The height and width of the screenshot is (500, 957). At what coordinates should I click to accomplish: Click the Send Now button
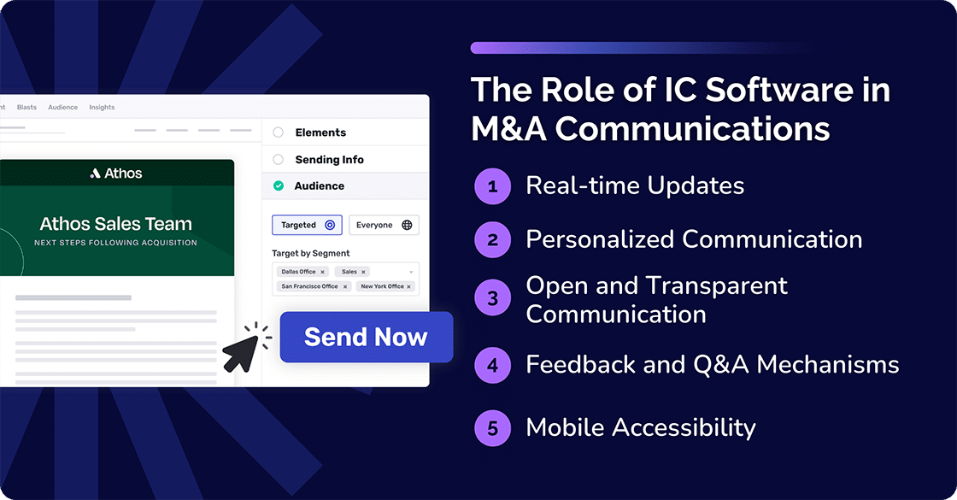(366, 337)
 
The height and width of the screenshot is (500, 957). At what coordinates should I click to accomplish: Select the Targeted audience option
(307, 225)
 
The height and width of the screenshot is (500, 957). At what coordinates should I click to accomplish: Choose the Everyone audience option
(384, 225)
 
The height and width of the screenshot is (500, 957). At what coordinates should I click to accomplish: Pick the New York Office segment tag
(385, 286)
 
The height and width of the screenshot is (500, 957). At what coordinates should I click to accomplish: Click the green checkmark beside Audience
(279, 185)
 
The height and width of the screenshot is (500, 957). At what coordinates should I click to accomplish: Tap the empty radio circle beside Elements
(279, 132)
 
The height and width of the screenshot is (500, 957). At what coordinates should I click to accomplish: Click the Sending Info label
(329, 160)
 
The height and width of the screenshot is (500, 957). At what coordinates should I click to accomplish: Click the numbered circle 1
(492, 185)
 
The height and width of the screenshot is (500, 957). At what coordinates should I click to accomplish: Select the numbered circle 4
(492, 365)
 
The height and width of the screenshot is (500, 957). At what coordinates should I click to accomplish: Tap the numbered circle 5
(492, 427)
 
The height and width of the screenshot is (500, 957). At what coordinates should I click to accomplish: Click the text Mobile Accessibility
(640, 427)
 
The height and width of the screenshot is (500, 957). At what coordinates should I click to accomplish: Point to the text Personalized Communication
(694, 239)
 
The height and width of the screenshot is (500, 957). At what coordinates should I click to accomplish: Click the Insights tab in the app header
(102, 108)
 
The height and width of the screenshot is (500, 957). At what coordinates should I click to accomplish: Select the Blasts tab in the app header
(26, 108)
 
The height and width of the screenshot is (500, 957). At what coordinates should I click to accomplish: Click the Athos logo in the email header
(116, 174)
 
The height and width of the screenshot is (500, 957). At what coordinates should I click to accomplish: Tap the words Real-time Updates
(635, 185)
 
